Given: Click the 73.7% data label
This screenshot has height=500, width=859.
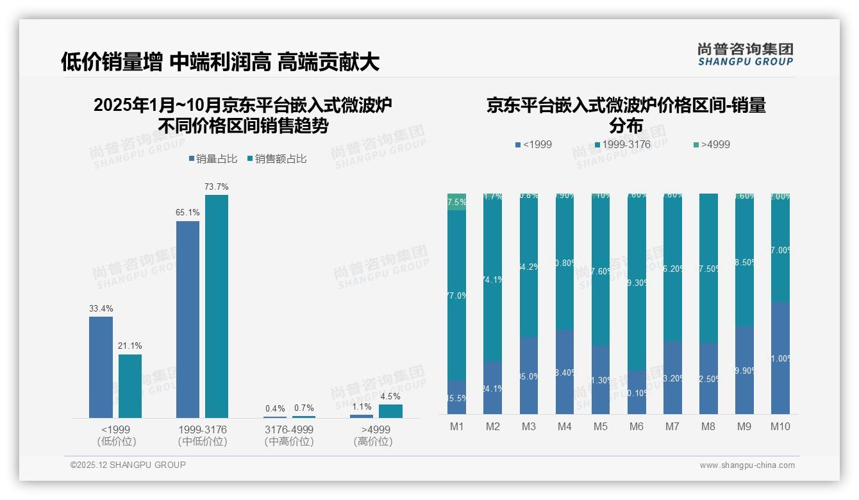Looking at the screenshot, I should pos(217,187).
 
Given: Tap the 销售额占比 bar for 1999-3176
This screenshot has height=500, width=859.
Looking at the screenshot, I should pos(217,306).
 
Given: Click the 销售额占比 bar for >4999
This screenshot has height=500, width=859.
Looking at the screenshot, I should pos(390,411).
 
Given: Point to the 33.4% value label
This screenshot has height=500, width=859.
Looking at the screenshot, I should pos(101,308).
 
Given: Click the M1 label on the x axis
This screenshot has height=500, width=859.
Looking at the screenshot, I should pos(456,427).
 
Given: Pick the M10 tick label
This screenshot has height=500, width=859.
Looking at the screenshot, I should pos(780,427).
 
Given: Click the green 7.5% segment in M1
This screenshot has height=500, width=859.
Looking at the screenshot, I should pos(456,202).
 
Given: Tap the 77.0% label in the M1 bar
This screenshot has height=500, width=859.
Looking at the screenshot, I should pos(456,296).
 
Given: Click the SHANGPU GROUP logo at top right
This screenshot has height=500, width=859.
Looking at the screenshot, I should pos(745,54).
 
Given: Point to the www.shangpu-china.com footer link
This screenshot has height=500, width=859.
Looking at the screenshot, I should pos(747,465).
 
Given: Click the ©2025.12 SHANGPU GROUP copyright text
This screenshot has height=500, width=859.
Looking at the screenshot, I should pos(128,465).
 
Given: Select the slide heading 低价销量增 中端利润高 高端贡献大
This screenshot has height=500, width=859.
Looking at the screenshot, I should pos(220,62).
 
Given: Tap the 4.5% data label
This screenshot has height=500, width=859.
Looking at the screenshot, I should pos(390,396).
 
